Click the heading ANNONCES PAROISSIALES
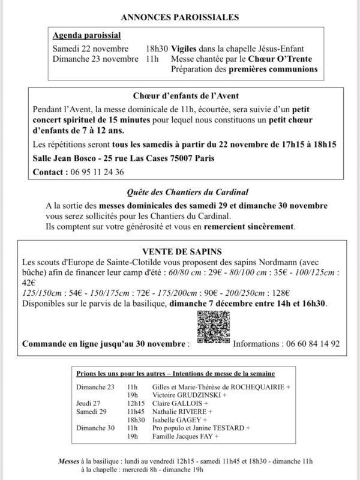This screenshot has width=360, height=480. (x=180, y=18)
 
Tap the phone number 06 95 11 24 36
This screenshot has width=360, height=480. (x=96, y=172)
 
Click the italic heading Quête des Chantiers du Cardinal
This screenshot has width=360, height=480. (x=180, y=193)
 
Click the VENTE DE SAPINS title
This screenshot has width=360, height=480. (x=180, y=251)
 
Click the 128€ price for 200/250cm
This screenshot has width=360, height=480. (x=280, y=294)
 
